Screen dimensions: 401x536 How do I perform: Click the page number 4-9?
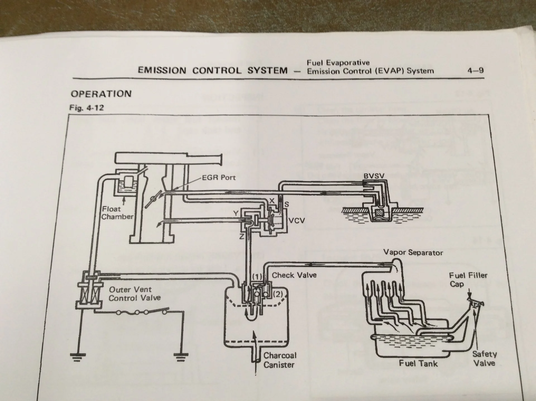(475, 70)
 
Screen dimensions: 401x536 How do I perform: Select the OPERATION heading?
(101, 94)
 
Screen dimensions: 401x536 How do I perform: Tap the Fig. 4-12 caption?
(87, 108)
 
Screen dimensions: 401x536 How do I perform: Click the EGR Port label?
(219, 177)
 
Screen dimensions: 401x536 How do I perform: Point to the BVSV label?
(374, 176)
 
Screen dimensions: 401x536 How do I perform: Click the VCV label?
(296, 221)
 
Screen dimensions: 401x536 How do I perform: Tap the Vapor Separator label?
(413, 253)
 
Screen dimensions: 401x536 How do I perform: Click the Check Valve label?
(294, 275)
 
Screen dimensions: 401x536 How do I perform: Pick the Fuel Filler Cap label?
(468, 280)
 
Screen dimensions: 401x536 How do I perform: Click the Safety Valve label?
(484, 359)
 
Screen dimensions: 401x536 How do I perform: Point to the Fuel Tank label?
(418, 363)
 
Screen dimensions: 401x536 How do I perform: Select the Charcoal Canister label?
(279, 360)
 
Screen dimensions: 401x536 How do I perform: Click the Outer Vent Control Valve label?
(134, 294)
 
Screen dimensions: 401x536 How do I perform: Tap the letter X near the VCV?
(272, 201)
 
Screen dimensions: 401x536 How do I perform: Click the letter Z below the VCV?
(241, 237)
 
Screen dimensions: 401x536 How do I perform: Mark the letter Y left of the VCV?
(236, 213)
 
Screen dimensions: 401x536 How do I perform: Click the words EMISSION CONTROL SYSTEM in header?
(212, 70)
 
